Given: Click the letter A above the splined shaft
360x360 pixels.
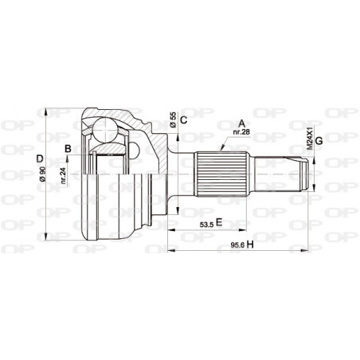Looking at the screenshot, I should (x=241, y=123).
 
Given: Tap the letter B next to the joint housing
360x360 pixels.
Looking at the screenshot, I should (x=68, y=148).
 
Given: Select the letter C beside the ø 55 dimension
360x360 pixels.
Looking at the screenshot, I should (x=182, y=120).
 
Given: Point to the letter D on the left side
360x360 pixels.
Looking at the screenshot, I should (x=40, y=157).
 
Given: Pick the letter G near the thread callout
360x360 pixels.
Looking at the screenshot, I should (x=319, y=142).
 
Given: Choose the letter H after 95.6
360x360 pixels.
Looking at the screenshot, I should (x=249, y=245).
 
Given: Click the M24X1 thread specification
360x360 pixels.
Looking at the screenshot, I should (x=308, y=137).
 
